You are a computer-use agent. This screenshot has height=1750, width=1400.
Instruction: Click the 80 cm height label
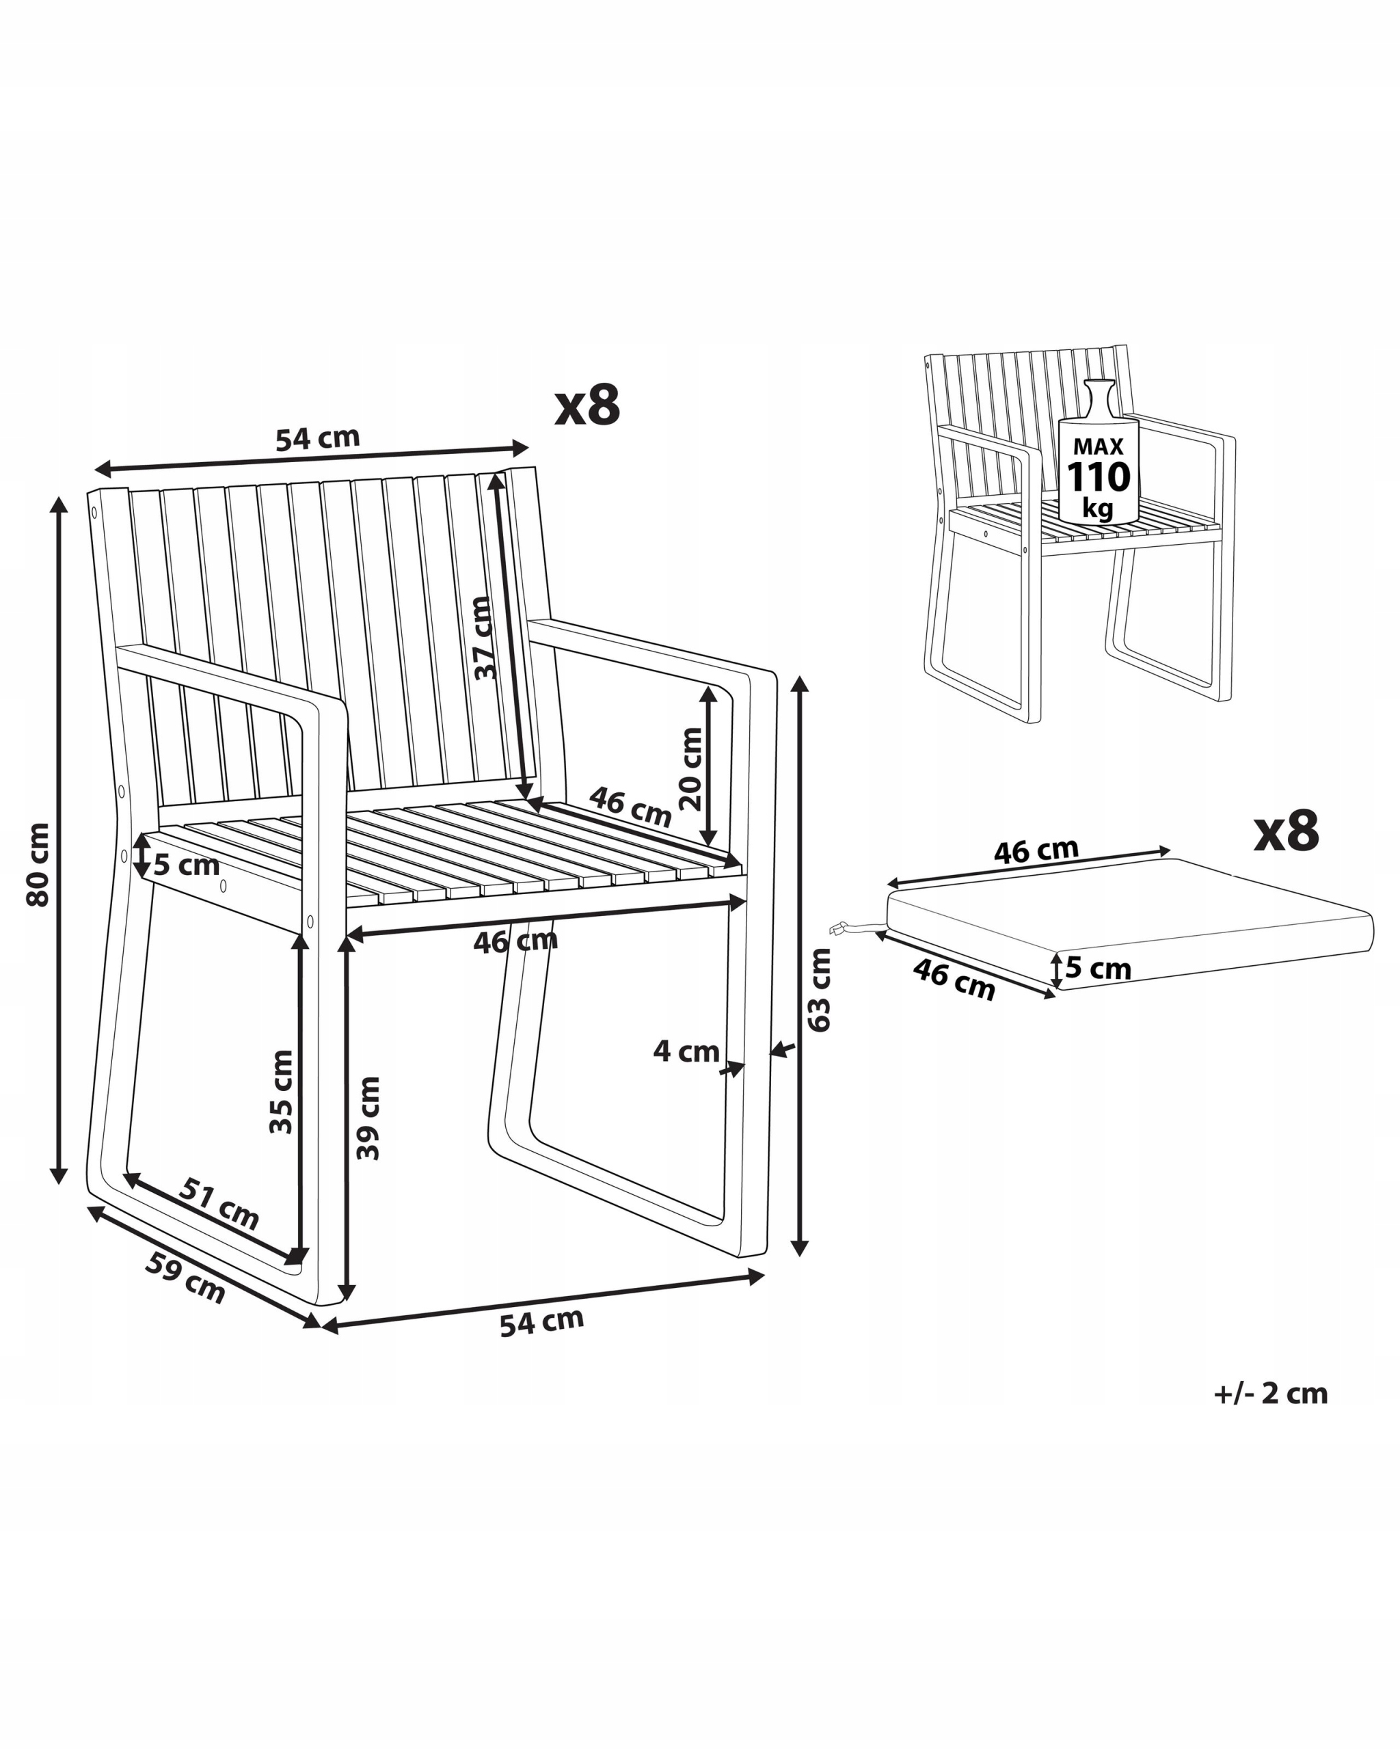(x=38, y=865)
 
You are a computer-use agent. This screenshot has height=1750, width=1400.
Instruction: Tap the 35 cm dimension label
(x=281, y=1092)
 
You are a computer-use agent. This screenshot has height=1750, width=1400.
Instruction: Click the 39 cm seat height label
(x=368, y=1118)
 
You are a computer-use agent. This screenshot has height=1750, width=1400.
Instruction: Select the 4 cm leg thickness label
(x=686, y=1052)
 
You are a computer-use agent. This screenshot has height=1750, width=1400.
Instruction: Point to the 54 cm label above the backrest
(x=317, y=438)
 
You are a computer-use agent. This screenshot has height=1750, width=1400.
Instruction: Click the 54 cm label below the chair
(x=541, y=1321)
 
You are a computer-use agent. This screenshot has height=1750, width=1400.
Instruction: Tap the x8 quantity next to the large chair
(x=588, y=406)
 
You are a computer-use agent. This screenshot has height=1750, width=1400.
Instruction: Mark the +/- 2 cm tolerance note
(x=1270, y=1393)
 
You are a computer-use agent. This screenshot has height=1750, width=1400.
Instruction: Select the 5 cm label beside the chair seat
(x=187, y=865)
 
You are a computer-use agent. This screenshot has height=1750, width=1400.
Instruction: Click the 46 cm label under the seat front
(x=515, y=941)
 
